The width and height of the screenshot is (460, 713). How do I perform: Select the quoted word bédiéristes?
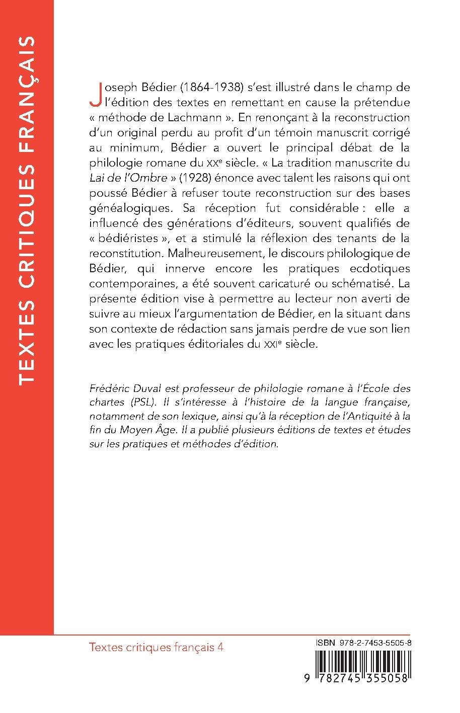(x=132, y=238)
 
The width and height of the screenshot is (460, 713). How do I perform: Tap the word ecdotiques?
(x=378, y=268)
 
